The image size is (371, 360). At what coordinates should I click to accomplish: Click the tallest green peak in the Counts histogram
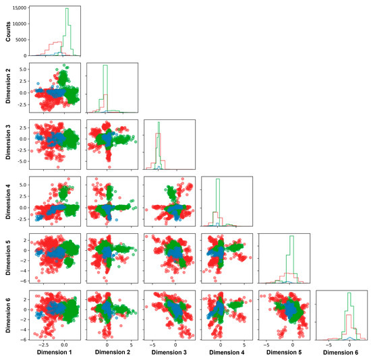[x=67, y=9]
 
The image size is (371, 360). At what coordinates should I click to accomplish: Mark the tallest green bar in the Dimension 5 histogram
[x=291, y=237]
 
